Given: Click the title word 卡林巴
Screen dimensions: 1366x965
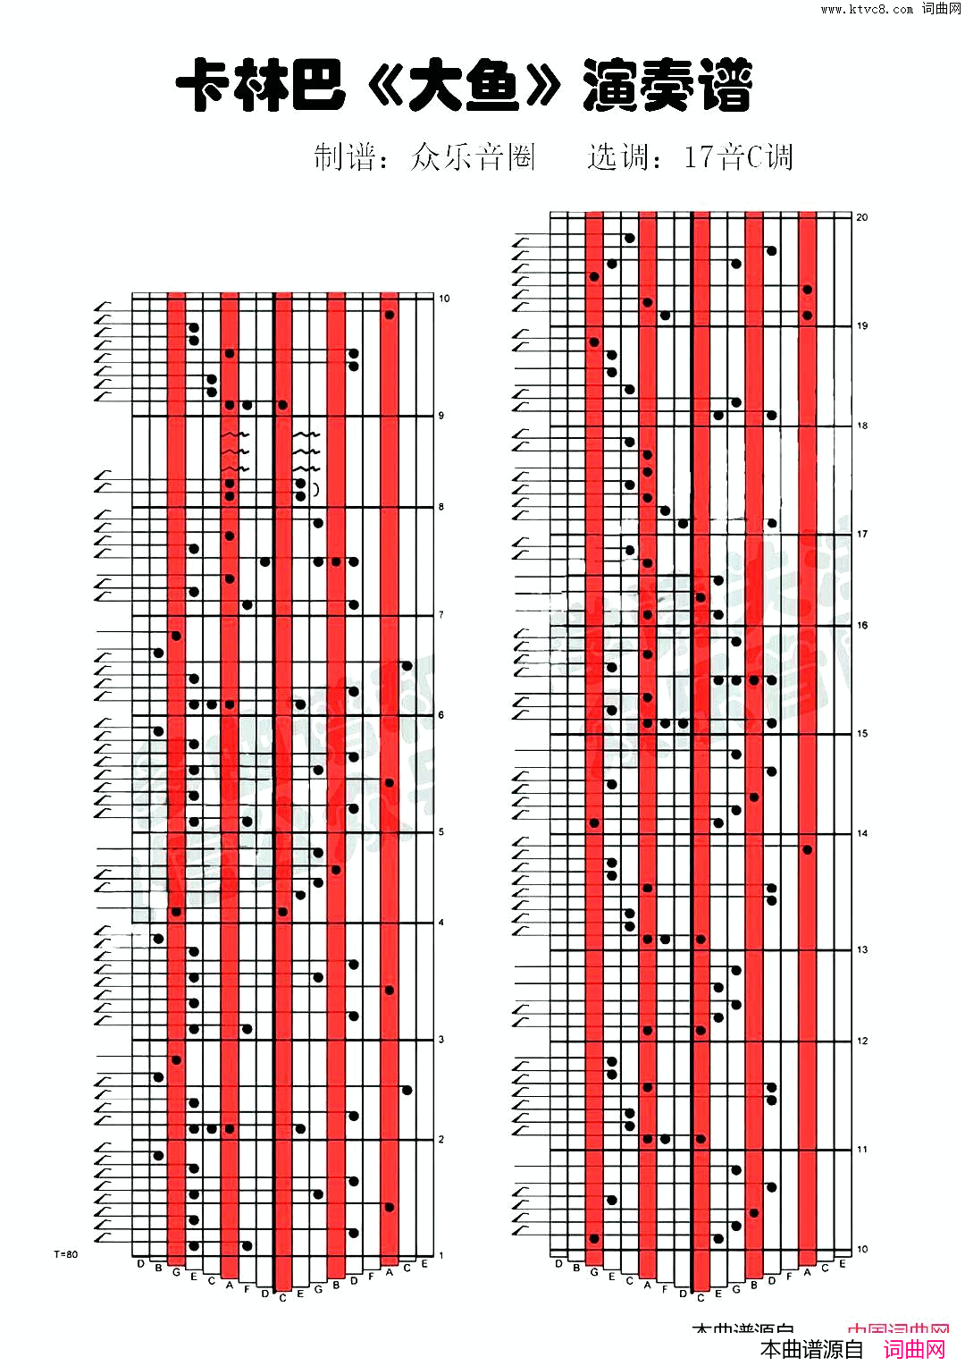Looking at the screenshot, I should tap(260, 86).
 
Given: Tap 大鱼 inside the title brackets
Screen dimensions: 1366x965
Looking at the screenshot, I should tap(464, 88).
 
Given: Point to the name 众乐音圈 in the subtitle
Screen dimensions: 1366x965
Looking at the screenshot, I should tap(473, 157).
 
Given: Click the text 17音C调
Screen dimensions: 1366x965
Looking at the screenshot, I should tap(738, 157).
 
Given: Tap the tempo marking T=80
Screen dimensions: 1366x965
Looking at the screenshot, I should tap(66, 1254).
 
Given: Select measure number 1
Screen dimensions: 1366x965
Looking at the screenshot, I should tap(441, 1256).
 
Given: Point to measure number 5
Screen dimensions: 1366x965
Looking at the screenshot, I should tap(441, 832).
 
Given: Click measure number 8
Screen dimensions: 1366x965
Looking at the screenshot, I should tap(441, 507).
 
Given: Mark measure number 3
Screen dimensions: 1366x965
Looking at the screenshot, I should tap(441, 1040).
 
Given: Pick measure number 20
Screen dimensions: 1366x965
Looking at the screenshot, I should tap(862, 217).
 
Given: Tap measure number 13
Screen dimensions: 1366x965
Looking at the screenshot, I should tap(862, 950).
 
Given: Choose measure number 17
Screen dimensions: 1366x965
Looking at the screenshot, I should tap(862, 535).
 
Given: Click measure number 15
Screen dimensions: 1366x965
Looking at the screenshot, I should tap(862, 734).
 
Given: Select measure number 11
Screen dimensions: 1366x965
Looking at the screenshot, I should tap(862, 1150).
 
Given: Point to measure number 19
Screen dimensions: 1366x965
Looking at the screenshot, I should tap(862, 326).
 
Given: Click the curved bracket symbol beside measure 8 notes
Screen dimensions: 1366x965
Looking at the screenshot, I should tap(315, 490).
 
